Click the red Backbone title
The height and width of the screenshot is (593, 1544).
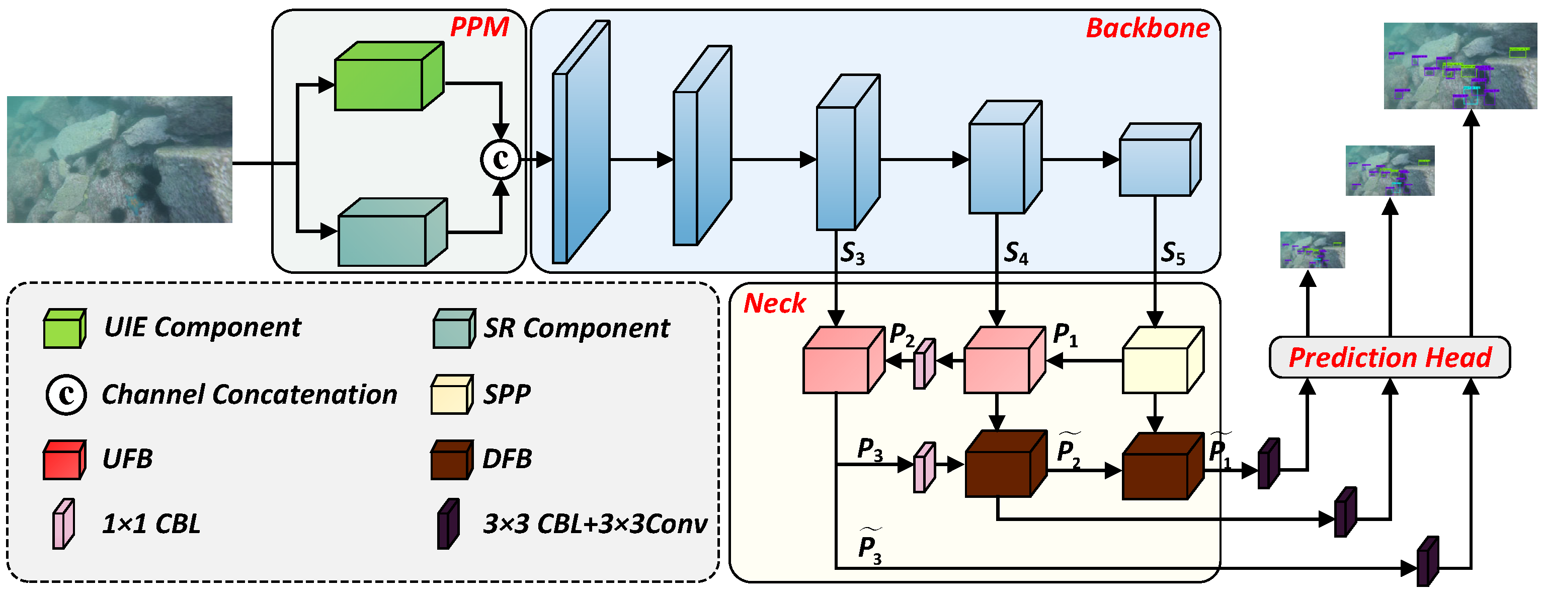[1147, 28]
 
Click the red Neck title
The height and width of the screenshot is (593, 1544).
[774, 304]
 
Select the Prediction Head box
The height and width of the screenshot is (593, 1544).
[1390, 357]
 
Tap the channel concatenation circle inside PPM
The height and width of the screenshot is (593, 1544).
[501, 160]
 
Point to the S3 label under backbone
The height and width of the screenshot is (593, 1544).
[852, 254]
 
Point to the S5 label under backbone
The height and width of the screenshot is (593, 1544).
[1172, 254]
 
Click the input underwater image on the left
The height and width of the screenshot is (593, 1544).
[119, 160]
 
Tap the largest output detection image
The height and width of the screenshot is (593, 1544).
[1460, 66]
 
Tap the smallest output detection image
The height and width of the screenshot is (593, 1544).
[1312, 249]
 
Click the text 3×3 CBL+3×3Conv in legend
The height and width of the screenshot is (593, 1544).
[595, 524]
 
